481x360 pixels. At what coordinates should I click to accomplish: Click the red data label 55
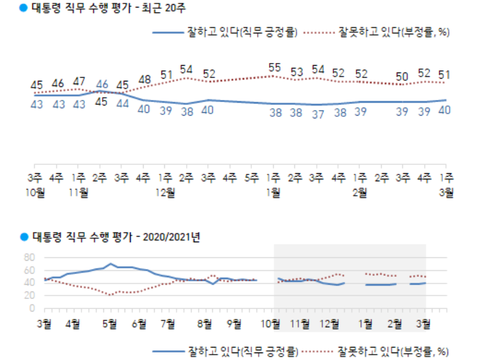pyautogui.click(x=274, y=68)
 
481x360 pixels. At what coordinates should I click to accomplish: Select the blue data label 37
pyautogui.click(x=317, y=114)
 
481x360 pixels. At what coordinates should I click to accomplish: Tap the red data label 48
pyautogui.click(x=144, y=80)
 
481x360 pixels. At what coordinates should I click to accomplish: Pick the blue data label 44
pyautogui.click(x=123, y=104)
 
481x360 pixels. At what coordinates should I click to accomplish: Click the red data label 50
pyautogui.click(x=402, y=75)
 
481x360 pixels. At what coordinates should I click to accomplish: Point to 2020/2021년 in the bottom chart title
pyautogui.click(x=171, y=237)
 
